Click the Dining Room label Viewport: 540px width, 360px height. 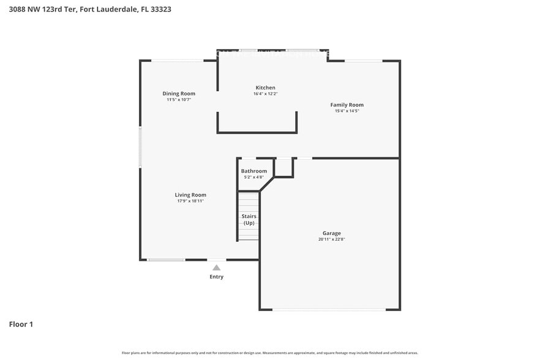click(x=179, y=94)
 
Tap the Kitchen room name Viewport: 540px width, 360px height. click(x=265, y=88)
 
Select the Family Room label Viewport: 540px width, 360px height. click(x=347, y=105)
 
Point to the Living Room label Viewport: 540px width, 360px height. click(x=190, y=195)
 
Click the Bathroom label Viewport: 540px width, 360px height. click(x=253, y=171)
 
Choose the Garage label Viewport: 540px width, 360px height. click(x=332, y=233)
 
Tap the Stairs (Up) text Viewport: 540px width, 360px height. click(x=249, y=220)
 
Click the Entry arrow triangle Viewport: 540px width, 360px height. click(x=216, y=268)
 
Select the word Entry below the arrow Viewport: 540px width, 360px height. click(x=216, y=277)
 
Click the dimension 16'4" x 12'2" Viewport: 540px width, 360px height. click(x=265, y=94)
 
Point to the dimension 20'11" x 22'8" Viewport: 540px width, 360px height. click(x=332, y=239)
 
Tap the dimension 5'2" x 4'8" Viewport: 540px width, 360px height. click(x=253, y=177)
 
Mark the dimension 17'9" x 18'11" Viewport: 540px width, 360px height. click(x=190, y=201)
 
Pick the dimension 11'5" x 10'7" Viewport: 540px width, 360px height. click(x=179, y=99)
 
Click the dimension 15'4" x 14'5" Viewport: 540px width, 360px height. click(x=347, y=111)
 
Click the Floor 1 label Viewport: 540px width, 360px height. click(x=21, y=324)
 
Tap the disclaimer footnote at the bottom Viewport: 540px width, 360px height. click(x=270, y=353)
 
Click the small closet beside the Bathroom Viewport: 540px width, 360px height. click(x=283, y=167)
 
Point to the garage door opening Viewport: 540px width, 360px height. click(x=329, y=309)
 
